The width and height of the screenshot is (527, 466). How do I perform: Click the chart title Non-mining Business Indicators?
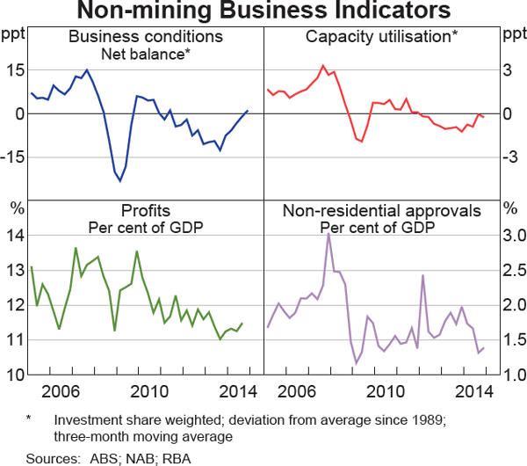pyautogui.click(x=263, y=11)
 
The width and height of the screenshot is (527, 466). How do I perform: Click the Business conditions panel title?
pyautogui.click(x=146, y=37)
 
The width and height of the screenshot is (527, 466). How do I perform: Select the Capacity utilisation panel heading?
pyautogui.click(x=380, y=37)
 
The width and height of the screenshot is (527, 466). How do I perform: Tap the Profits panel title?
pyautogui.click(x=146, y=211)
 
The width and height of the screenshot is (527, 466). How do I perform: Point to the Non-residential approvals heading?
pyautogui.click(x=380, y=211)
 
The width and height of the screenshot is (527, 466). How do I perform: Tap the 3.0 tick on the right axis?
pyautogui.click(x=514, y=236)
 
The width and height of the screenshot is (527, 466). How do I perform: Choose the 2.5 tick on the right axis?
pyautogui.click(x=514, y=271)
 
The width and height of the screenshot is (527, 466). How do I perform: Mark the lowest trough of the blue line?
pyautogui.click(x=120, y=180)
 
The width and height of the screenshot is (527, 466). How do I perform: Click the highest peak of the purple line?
pyautogui.click(x=328, y=233)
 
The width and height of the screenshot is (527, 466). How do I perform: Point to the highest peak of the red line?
pyautogui.click(x=323, y=65)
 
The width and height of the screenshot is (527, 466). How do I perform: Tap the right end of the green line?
pyautogui.click(x=242, y=324)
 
